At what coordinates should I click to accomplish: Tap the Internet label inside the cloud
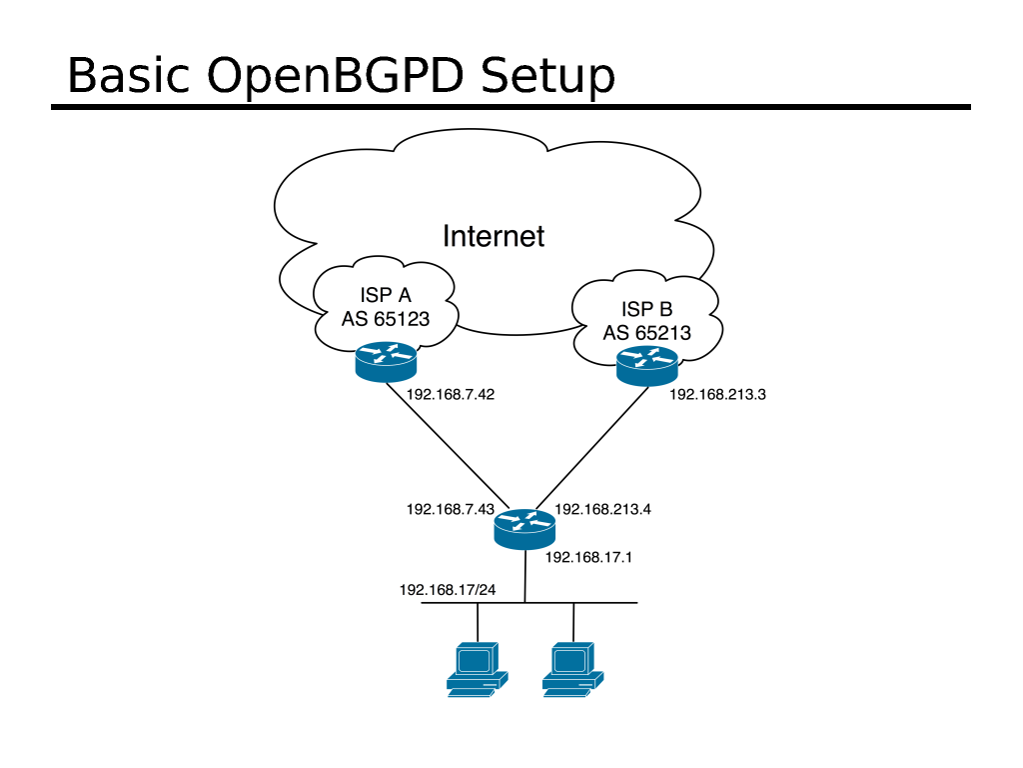494,236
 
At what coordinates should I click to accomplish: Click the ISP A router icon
386,361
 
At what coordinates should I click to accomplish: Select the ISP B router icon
646,368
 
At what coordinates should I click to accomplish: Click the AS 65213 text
646,332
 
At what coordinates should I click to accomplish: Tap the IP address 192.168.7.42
451,394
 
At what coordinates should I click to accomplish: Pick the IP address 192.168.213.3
717,394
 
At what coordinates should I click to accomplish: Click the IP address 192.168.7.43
451,509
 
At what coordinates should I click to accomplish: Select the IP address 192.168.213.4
602,509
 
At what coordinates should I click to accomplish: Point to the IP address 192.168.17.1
589,557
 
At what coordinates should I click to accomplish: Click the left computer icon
477,668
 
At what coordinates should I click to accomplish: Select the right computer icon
572,668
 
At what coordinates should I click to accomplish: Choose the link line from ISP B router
589,445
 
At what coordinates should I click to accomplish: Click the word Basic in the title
130,77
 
